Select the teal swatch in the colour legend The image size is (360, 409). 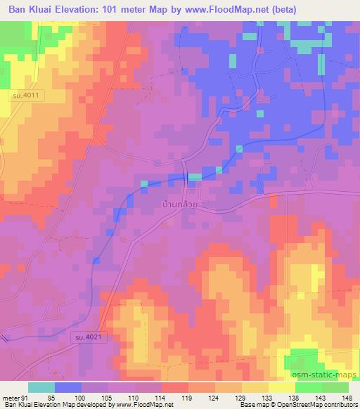click(41, 387)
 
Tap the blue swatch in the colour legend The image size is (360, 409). click(68, 387)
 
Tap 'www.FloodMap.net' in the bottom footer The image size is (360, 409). click(144, 405)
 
